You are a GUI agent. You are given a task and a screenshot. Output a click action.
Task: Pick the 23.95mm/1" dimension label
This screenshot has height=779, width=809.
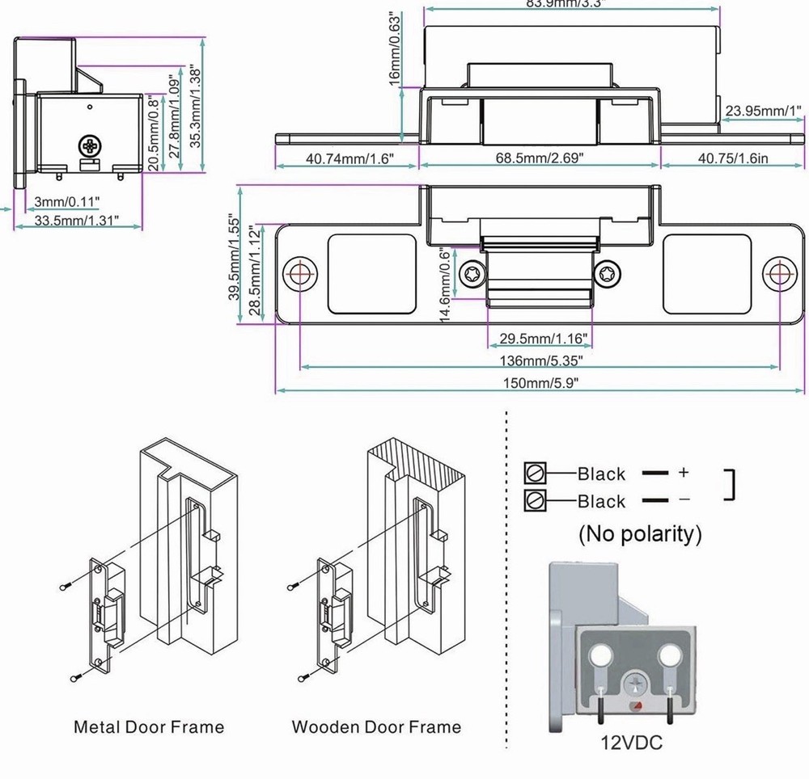click(x=763, y=111)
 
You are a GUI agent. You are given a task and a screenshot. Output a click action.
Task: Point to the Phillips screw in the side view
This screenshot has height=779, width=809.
click(x=90, y=147)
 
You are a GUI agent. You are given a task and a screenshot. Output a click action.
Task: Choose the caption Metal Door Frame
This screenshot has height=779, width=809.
click(x=149, y=726)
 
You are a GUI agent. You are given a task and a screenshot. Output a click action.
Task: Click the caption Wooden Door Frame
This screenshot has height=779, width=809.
click(x=376, y=726)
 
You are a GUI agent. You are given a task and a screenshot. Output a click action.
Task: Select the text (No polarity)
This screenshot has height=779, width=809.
click(x=639, y=533)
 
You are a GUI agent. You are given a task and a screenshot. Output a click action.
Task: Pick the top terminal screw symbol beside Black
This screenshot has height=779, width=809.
click(x=536, y=473)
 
